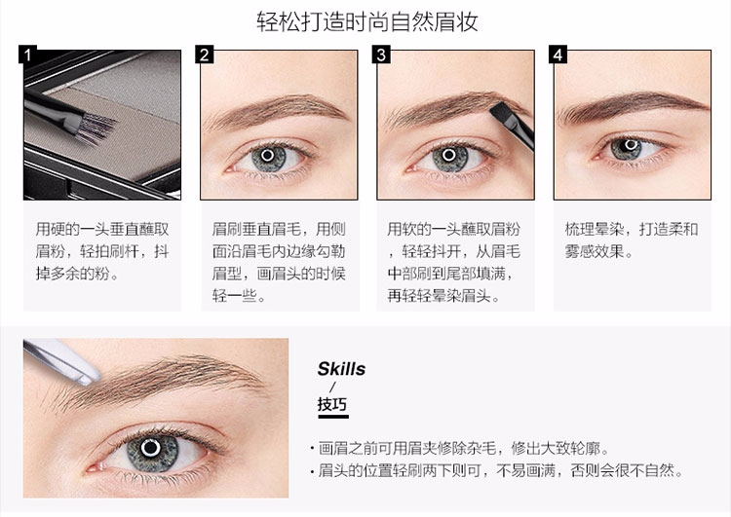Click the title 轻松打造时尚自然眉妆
click(366, 21)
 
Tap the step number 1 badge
click(27, 54)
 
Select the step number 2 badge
click(205, 54)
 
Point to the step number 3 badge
click(381, 54)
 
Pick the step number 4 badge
click(558, 54)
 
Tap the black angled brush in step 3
click(513, 124)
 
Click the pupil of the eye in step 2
click(268, 155)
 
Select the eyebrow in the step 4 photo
click(635, 107)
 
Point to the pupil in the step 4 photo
click(630, 145)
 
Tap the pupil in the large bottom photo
click(150, 448)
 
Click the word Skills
click(341, 369)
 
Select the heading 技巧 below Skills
click(332, 403)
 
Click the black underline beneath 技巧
click(333, 416)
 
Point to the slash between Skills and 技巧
click(332, 387)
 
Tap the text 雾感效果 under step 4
click(595, 251)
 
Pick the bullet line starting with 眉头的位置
click(496, 470)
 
